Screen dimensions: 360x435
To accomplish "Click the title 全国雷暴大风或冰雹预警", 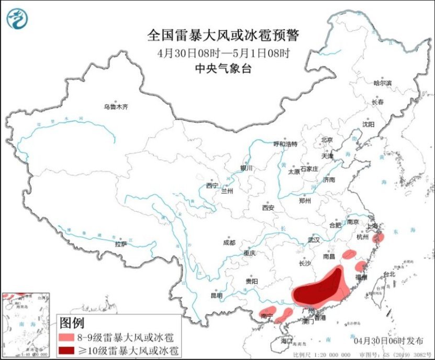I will tap(222, 36).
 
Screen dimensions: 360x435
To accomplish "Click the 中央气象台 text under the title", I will tap(222, 68).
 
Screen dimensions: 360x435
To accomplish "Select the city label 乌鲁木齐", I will tap(116, 107).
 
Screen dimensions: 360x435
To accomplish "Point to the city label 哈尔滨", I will tap(383, 83).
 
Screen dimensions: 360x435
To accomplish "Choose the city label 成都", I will tap(229, 243).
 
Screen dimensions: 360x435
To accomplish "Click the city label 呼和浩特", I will tap(285, 144).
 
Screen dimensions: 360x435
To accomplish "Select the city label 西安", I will tap(268, 208).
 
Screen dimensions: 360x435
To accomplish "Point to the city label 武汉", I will tap(314, 239).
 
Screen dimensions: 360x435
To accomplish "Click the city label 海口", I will tap(286, 341).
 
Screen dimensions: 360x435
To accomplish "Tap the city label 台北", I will tap(390, 274).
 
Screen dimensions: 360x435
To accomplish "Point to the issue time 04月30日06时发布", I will tap(389, 341).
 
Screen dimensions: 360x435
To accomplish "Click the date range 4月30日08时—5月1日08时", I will tap(222, 53).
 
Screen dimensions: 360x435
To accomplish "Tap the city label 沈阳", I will tap(369, 124).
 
